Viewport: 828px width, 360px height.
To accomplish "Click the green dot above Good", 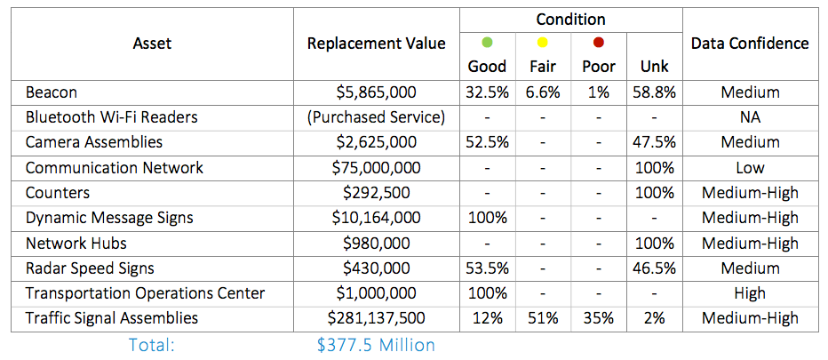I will (x=486, y=43).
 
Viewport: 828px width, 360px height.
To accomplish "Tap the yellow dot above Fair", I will (x=543, y=43).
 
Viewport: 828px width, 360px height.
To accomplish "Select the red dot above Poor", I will (x=599, y=43).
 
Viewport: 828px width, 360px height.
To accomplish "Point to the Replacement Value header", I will (x=376, y=43).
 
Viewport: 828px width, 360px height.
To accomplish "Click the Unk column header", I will (x=655, y=67).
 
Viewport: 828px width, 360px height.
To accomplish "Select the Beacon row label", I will (x=52, y=92).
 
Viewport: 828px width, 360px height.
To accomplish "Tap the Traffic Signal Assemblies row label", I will (x=112, y=318).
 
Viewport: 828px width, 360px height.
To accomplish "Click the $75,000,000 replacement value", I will (x=376, y=168).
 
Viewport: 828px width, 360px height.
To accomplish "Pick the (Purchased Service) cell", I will (x=376, y=117).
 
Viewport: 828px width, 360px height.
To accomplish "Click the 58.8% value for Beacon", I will (x=655, y=92).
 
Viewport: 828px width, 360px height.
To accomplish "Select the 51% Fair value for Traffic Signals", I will (x=543, y=318).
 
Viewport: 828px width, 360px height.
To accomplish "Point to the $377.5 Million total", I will (x=376, y=345).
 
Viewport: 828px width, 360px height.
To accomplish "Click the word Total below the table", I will (x=151, y=345).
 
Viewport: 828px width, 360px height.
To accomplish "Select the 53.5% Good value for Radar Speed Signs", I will (x=486, y=268).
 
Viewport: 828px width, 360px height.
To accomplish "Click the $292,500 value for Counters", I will (x=376, y=193).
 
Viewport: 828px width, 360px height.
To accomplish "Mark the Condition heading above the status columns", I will (x=571, y=19).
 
